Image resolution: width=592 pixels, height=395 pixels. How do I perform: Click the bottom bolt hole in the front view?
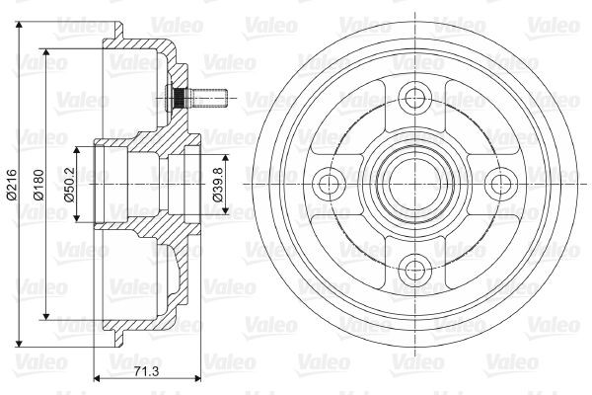(x=415, y=264)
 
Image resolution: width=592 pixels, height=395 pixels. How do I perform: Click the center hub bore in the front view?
(x=415, y=182)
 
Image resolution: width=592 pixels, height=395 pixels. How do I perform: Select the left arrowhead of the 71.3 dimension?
(x=95, y=377)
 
